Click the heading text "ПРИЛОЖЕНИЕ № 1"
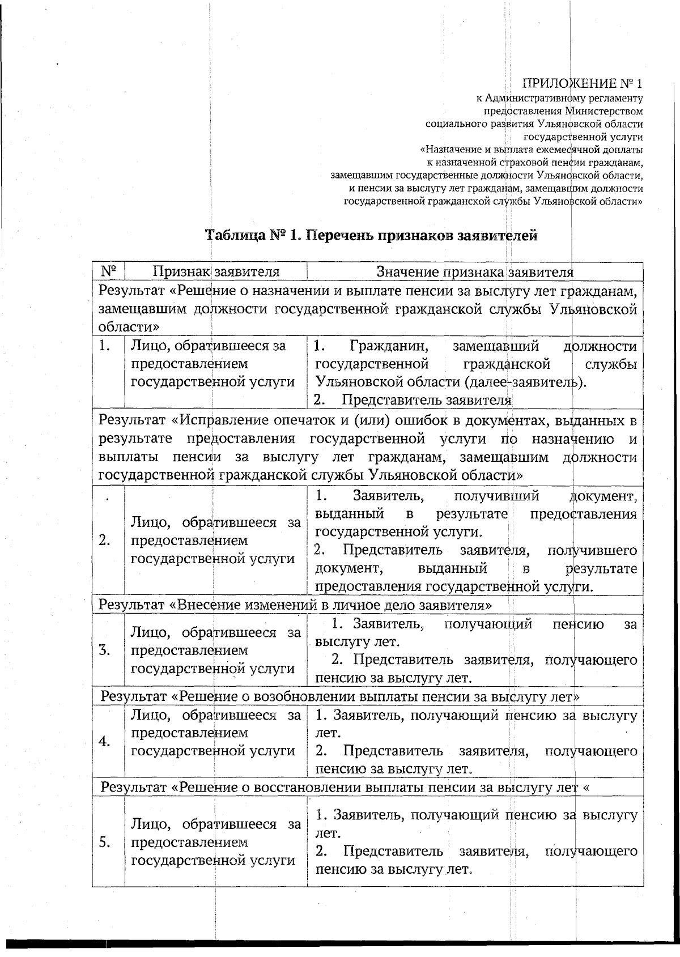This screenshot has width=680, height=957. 583,84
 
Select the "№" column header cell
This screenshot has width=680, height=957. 108,271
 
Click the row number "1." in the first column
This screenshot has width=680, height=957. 104,346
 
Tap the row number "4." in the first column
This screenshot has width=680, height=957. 104,742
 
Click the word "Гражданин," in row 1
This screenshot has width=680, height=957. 388,346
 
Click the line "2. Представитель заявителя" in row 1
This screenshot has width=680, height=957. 413,400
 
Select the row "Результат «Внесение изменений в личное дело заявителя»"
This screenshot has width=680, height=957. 295,605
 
